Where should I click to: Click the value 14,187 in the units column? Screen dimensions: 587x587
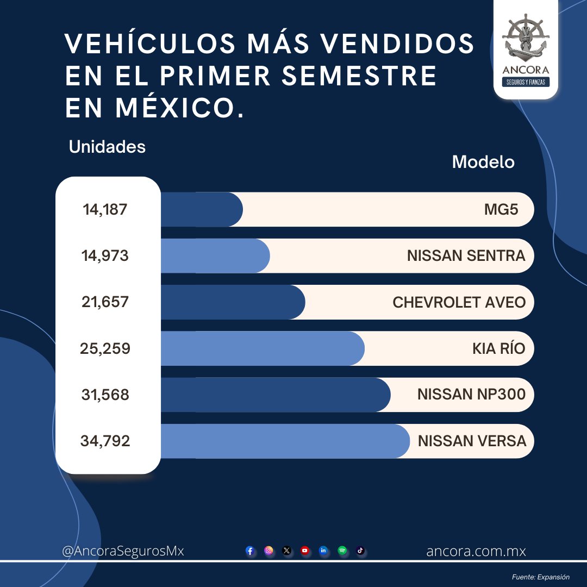point(105,209)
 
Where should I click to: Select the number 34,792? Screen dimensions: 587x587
point(105,441)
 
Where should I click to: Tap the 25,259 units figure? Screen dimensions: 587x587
point(105,348)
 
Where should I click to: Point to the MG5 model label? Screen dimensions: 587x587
point(501,209)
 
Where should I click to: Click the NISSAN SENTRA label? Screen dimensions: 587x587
point(466,255)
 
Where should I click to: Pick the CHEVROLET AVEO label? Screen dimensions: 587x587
point(459,302)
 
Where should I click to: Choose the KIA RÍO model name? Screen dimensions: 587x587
point(498,348)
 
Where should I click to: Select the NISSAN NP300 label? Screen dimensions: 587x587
point(471,395)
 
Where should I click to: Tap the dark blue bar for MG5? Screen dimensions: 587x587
point(201,209)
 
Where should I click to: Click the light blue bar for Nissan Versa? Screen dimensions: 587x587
point(283,441)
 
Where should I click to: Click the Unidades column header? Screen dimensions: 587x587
point(107,147)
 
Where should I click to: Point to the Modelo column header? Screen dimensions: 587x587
point(483,162)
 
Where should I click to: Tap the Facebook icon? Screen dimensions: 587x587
point(250,551)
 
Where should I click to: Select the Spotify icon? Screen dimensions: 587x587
point(342,551)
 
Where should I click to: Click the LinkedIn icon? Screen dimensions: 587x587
point(323,551)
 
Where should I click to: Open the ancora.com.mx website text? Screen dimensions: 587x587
point(476,551)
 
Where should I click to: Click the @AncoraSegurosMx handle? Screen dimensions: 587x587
point(123,551)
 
